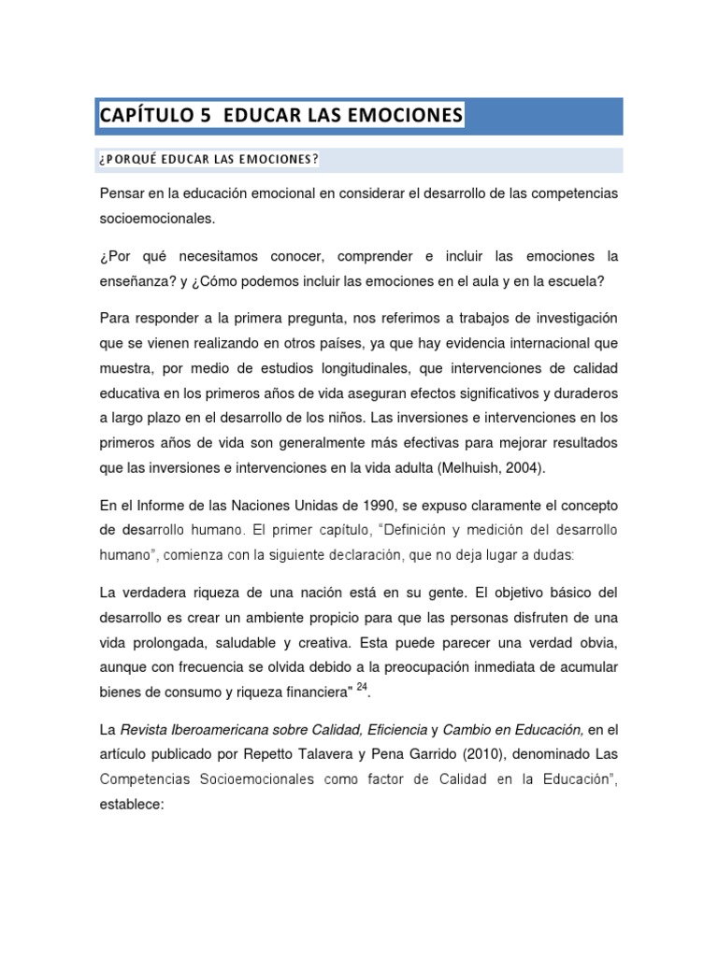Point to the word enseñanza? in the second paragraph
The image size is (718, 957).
[138, 281]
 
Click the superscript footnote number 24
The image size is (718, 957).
[363, 686]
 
